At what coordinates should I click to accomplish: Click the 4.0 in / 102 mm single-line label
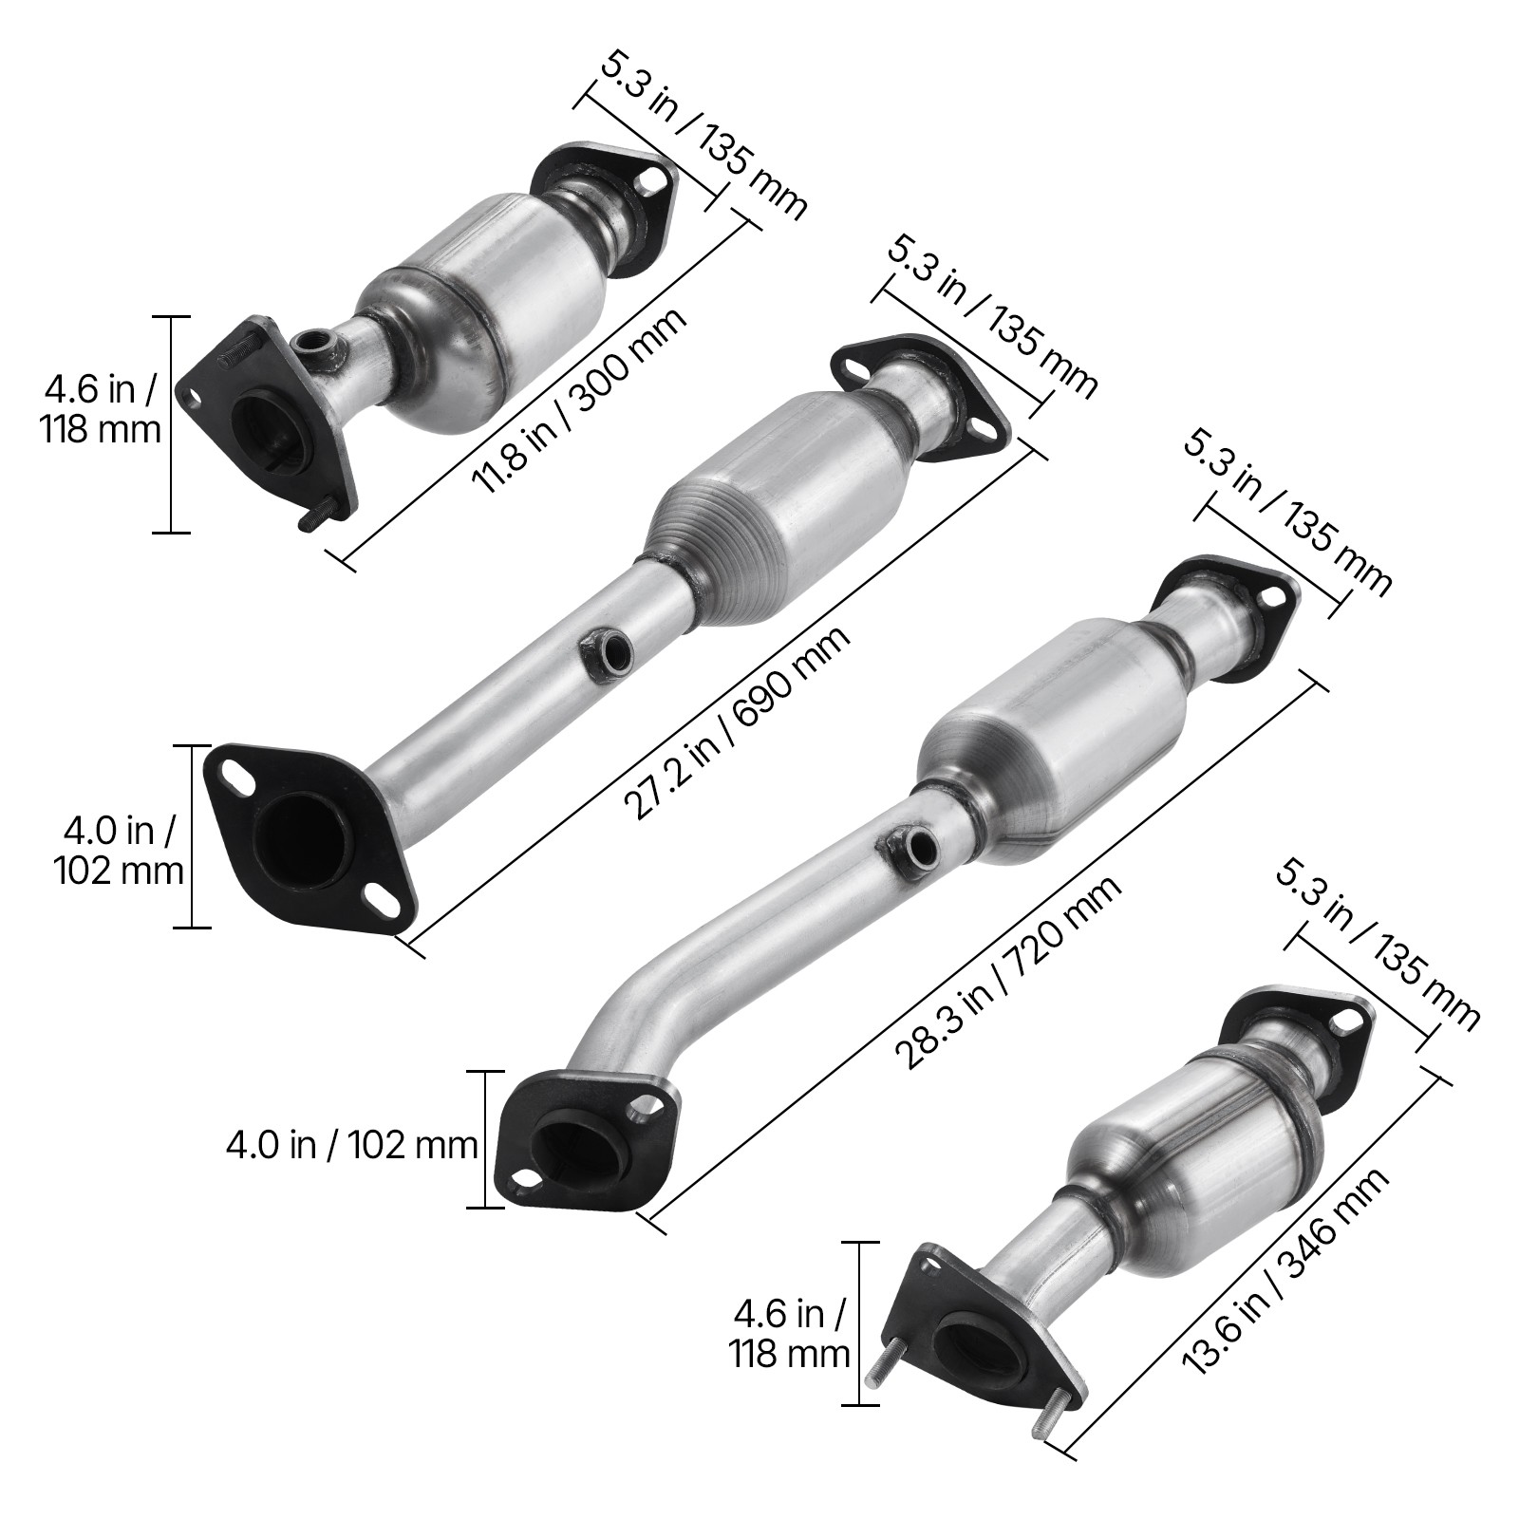pyautogui.click(x=351, y=1145)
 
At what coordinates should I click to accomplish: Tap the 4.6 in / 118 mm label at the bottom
pyautogui.click(x=789, y=1334)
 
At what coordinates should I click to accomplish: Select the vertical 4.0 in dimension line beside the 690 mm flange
pyautogui.click(x=194, y=836)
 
